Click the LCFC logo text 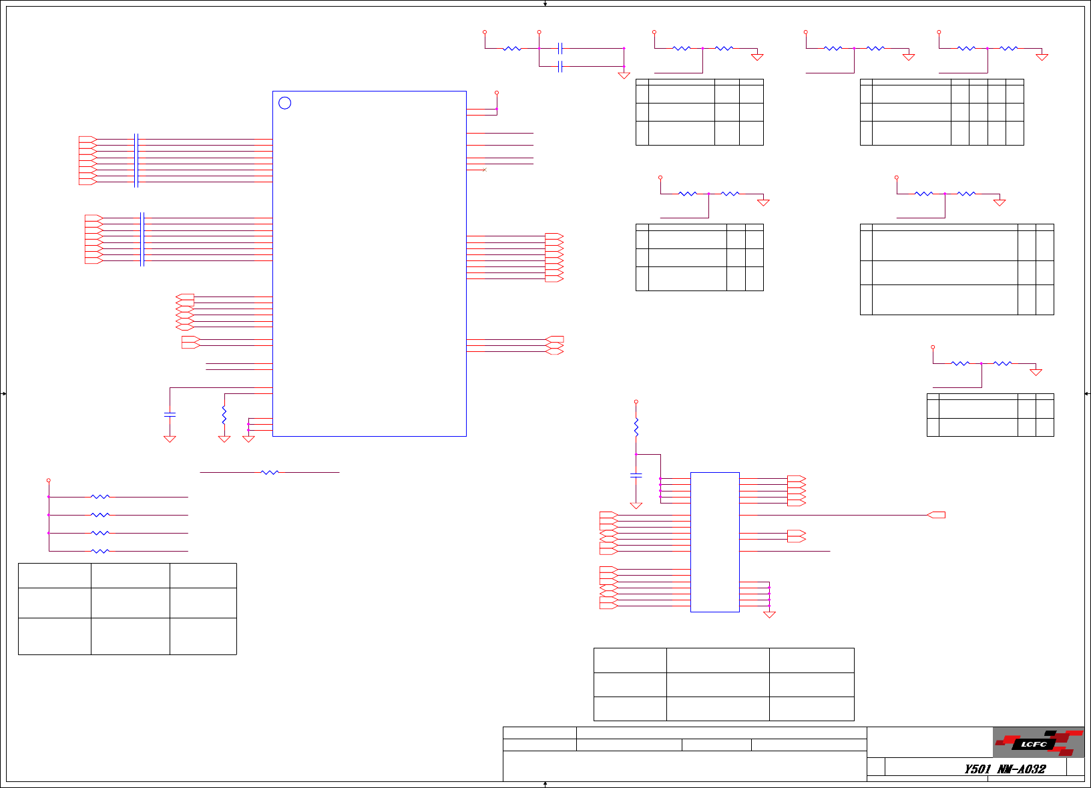[x=1034, y=744]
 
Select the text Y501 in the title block [x=977, y=769]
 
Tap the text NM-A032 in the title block [x=1022, y=769]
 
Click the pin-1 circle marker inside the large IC [x=284, y=103]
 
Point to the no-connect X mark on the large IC [x=485, y=170]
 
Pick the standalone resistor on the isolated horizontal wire [x=270, y=472]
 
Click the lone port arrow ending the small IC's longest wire [x=937, y=515]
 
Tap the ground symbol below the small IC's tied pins [x=769, y=614]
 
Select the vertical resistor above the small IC [x=636, y=427]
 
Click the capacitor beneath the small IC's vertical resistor [x=636, y=475]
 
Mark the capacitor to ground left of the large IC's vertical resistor [x=170, y=414]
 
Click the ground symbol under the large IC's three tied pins [x=248, y=439]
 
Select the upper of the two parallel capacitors [x=560, y=48]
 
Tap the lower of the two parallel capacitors [x=560, y=66]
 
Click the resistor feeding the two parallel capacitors [x=512, y=48]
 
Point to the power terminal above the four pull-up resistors [x=49, y=480]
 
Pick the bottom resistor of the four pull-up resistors [x=99, y=551]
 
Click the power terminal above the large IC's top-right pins [x=497, y=93]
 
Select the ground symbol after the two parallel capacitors [x=624, y=75]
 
